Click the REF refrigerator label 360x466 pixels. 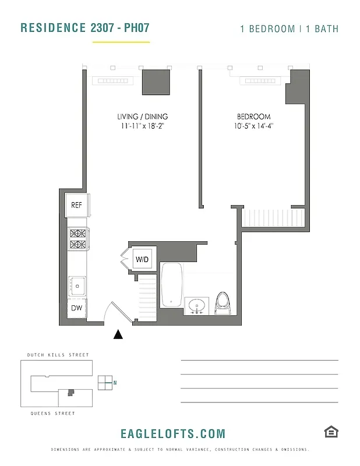tap(76, 205)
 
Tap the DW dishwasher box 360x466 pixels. tap(76, 308)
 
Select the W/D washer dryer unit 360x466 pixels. tap(143, 259)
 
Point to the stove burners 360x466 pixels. tap(77, 239)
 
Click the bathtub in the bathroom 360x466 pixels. tap(172, 285)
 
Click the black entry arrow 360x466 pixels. tap(118, 334)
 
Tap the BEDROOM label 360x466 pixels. tap(253, 117)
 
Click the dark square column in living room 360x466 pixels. tap(156, 82)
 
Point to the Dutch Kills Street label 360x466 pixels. tap(58, 355)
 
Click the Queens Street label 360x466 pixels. tap(53, 414)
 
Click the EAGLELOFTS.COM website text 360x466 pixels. tap(172, 434)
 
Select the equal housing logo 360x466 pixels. tap(331, 432)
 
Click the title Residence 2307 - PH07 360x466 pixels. tap(88, 28)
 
